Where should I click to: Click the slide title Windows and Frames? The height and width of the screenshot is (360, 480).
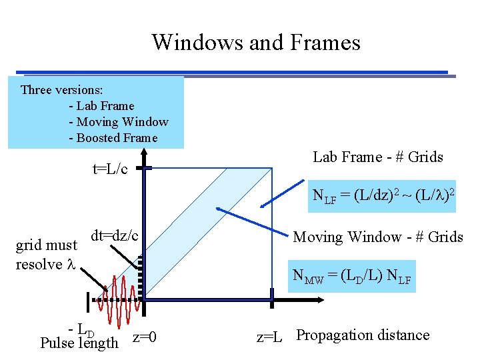coord(256,43)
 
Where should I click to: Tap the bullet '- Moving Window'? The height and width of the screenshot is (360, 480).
coord(118,122)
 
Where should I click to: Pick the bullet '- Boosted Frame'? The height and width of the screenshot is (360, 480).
coord(113,138)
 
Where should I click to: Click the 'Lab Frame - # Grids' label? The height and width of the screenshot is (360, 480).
coord(378,157)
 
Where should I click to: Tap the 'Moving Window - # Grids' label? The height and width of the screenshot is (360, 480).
coord(378,237)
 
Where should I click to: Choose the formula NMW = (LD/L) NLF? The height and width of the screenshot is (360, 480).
coord(353,276)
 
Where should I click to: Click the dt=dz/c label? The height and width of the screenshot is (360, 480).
coord(114,235)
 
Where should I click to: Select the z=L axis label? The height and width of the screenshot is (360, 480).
coord(270,337)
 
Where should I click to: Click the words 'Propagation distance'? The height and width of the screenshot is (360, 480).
coord(363,335)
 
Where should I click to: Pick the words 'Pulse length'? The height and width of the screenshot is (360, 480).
coord(79,343)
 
